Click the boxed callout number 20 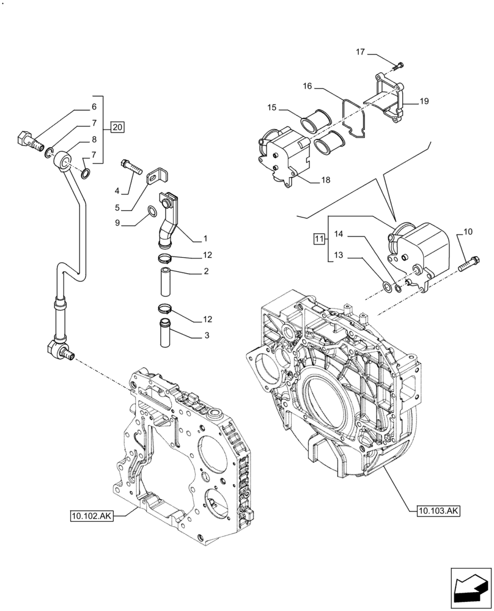point(118,128)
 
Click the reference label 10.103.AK point(438,510)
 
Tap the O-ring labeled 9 point(152,213)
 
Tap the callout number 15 point(271,108)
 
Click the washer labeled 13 point(386,286)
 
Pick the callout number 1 point(206,238)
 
